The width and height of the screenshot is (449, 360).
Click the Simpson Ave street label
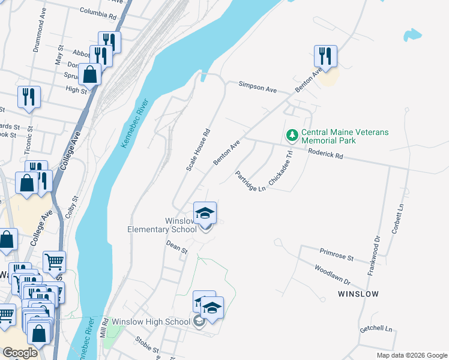click(x=258, y=88)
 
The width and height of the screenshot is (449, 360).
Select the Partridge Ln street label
click(x=250, y=181)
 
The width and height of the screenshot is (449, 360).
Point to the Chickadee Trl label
click(x=280, y=163)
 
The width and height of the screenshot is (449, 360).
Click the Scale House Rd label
click(x=197, y=150)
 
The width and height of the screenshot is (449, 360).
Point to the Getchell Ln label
click(x=376, y=329)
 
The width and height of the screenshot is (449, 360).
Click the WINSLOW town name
click(x=358, y=294)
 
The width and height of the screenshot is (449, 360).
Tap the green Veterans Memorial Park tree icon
click(x=292, y=135)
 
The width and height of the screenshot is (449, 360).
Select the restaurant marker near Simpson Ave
click(x=325, y=56)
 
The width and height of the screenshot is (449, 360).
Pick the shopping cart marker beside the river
click(x=54, y=262)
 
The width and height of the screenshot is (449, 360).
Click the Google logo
click(x=20, y=353)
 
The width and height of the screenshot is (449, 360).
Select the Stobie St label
click(x=146, y=349)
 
